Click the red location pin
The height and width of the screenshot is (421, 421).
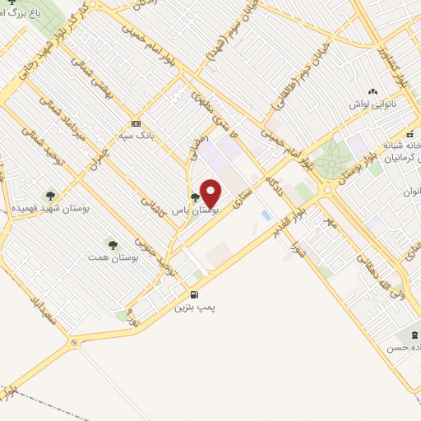[210, 193]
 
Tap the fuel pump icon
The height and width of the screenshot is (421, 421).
[194, 294]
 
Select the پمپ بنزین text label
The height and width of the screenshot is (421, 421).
[194, 308]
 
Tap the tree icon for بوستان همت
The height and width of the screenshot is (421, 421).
[113, 244]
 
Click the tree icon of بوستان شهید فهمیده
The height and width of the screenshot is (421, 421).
[50, 196]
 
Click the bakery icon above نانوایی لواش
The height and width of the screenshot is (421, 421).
[373, 92]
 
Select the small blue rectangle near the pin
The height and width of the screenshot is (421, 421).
[265, 215]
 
